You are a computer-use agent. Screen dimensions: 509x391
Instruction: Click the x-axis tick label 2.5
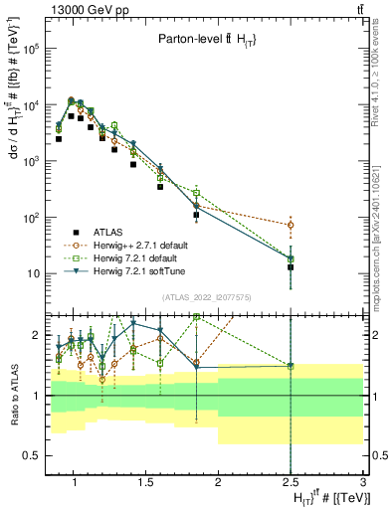[x=291, y=484]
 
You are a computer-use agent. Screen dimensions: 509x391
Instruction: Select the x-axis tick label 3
[x=363, y=484]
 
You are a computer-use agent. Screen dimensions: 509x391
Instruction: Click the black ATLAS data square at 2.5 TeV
[x=291, y=267]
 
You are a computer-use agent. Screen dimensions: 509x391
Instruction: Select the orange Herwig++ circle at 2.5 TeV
[x=291, y=226]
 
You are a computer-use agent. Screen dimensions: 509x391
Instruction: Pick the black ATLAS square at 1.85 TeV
[x=196, y=215]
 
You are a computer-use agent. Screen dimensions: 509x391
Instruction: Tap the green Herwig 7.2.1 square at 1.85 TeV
[x=196, y=193]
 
